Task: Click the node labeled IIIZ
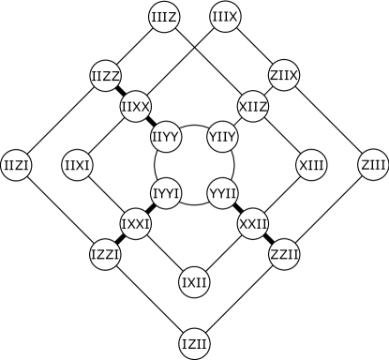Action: (x=165, y=16)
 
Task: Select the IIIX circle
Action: (x=225, y=16)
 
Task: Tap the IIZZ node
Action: (x=105, y=76)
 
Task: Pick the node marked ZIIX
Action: (x=283, y=75)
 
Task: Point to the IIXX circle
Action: (x=135, y=106)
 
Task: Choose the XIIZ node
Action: (x=253, y=106)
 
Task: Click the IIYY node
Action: (x=165, y=137)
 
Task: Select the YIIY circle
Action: (x=223, y=137)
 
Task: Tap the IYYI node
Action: (x=165, y=194)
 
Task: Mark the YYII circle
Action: (x=223, y=194)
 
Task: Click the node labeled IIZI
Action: (x=17, y=166)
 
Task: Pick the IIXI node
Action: (x=77, y=166)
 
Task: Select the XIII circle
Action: (x=311, y=166)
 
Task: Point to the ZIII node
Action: (x=373, y=166)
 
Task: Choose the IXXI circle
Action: (x=135, y=224)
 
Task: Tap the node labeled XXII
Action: (x=253, y=224)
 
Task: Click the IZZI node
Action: (x=105, y=254)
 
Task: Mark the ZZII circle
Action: (x=283, y=254)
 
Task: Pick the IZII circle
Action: (x=194, y=343)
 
